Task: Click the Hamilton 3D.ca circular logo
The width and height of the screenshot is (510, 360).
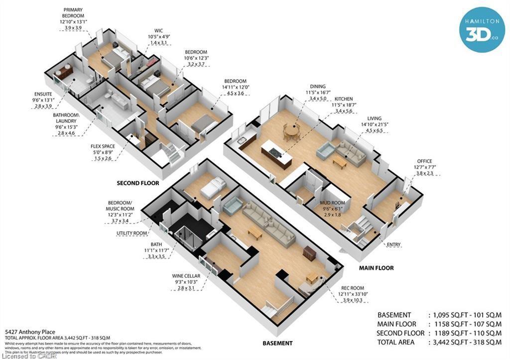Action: click(482, 29)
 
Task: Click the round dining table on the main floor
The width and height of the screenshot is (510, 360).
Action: click(291, 132)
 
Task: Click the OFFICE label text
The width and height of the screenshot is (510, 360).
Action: click(424, 161)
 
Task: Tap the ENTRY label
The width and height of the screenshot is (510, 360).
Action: click(393, 244)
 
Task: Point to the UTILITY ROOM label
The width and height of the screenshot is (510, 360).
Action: click(131, 233)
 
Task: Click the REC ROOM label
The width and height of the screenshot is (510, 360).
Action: click(353, 288)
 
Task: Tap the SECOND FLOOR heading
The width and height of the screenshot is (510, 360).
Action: click(138, 183)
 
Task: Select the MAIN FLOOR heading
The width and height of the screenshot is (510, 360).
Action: click(376, 268)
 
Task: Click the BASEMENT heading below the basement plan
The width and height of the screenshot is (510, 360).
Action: click(277, 343)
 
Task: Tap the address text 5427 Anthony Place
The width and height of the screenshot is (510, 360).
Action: click(30, 332)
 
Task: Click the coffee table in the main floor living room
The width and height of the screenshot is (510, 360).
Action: click(340, 161)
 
